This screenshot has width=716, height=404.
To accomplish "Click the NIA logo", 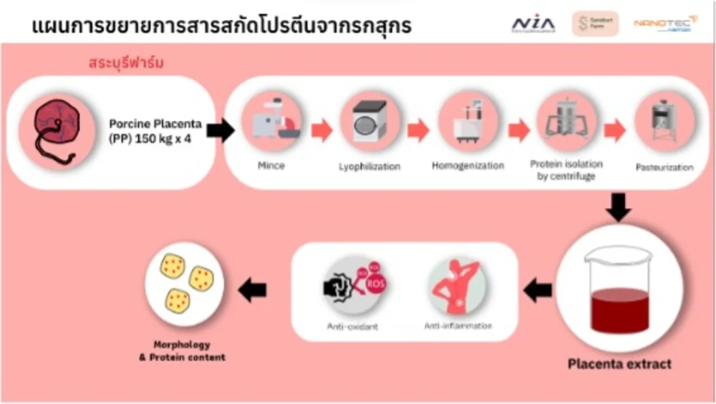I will [533, 24].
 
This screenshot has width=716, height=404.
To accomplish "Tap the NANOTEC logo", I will [665, 25].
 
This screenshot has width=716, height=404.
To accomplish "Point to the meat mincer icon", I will [271, 123].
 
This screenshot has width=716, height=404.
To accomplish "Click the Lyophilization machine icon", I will [369, 123].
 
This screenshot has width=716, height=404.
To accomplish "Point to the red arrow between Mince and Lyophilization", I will [321, 130].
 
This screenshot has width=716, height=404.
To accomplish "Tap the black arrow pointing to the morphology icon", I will [251, 290].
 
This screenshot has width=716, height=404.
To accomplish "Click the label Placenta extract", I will [619, 364].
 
